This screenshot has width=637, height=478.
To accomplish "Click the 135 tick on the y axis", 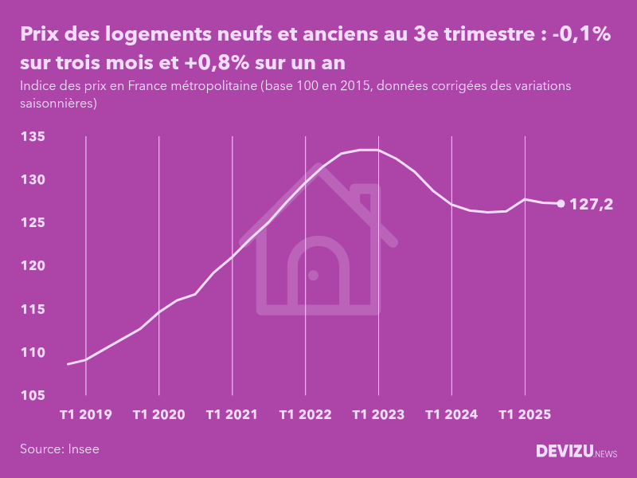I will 33,137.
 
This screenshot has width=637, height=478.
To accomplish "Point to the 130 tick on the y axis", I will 33,180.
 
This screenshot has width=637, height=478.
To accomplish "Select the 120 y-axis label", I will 33,266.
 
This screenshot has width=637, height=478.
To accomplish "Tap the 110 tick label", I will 33,352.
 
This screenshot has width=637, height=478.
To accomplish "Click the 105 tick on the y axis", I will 33,395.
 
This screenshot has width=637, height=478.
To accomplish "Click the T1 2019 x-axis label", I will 86,415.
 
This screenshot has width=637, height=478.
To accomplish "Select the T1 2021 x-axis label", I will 232,415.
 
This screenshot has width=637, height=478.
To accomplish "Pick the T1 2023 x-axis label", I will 378,415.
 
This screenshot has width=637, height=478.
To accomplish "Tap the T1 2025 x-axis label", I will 525,415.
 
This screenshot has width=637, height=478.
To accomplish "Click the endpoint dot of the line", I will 561,204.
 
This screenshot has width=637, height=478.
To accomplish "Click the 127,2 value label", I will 592,205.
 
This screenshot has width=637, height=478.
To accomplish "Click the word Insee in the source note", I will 83,449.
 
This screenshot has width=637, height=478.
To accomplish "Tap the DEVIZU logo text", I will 564,452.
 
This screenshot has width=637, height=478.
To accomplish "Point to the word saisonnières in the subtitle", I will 57,103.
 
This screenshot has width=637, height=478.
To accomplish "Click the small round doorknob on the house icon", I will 313,275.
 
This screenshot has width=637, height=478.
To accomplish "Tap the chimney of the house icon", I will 365,199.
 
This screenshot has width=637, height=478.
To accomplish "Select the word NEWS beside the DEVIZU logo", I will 606,454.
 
